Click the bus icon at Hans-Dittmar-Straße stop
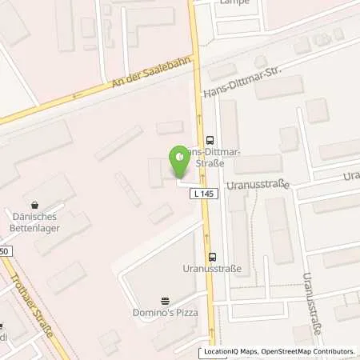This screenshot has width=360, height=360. (210, 137)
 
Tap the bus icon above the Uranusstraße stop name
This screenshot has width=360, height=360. (212, 257)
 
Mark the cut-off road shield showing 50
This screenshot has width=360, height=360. (5, 251)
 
